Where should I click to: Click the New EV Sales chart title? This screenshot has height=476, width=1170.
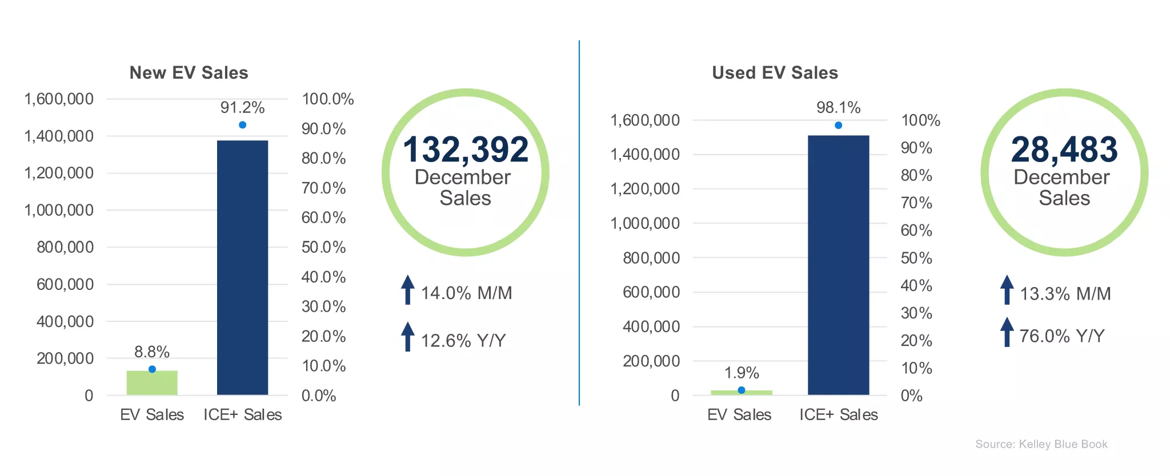[x=189, y=72]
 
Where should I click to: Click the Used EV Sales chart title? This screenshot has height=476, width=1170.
[x=775, y=72]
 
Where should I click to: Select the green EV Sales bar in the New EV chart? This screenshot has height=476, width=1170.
[x=152, y=383]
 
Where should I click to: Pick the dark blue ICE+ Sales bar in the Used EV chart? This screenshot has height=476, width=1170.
[x=838, y=265]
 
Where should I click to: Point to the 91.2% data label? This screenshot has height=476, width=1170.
[x=242, y=107]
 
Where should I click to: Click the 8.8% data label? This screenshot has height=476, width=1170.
[x=152, y=352]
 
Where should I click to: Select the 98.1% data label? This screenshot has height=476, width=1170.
[x=838, y=107]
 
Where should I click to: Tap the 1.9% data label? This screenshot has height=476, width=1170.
[x=742, y=373]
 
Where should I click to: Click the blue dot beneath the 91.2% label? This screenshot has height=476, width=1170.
[x=242, y=124]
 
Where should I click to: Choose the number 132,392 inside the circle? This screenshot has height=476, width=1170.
[x=466, y=150]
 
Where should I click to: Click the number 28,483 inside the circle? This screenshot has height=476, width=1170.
[x=1064, y=150]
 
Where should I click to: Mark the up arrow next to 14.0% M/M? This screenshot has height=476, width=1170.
[x=407, y=289]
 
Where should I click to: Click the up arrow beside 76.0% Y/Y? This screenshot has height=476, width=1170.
[x=1007, y=332]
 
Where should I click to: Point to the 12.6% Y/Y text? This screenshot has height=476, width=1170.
[x=463, y=341]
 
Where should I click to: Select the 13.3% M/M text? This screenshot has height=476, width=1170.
[x=1065, y=294]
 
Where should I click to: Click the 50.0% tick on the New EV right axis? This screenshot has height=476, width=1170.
[x=323, y=247]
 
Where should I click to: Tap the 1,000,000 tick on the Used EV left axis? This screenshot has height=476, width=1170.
[x=645, y=223]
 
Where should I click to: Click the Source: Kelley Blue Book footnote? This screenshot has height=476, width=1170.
[x=1041, y=444]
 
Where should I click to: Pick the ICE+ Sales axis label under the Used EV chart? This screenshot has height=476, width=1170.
[x=838, y=415]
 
